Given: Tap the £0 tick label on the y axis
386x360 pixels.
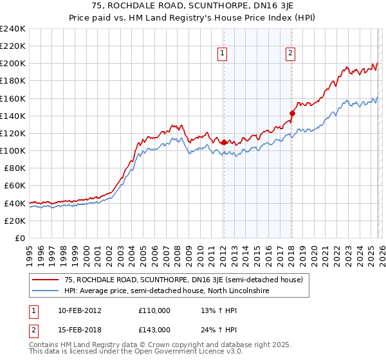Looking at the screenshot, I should pos(19,238).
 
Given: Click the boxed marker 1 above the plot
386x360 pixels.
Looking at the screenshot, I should pos(223,54).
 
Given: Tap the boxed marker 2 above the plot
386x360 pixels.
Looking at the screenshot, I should pos(291,54).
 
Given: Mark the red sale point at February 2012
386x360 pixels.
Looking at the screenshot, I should pos(223,142).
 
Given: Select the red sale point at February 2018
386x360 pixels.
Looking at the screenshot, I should pos(291,113).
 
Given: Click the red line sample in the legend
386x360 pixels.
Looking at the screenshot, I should pos(46,280).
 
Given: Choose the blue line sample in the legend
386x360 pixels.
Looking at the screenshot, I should pos(46,291).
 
